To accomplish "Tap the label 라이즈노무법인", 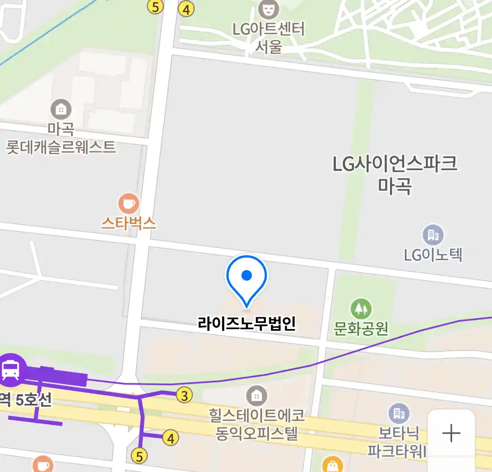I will pyautogui.click(x=247, y=323).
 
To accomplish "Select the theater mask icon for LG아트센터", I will pyautogui.click(x=269, y=9).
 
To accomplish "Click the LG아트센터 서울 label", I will pyautogui.click(x=269, y=38).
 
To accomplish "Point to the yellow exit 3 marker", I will pyautogui.click(x=185, y=396).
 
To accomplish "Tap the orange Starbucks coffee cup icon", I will pyautogui.click(x=129, y=204).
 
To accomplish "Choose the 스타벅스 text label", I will pyautogui.click(x=129, y=223).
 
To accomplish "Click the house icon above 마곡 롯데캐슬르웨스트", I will pyautogui.click(x=61, y=109).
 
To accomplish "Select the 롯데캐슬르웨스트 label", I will pyautogui.click(x=61, y=147).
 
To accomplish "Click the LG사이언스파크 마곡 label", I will pyautogui.click(x=394, y=174).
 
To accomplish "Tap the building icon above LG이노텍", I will pyautogui.click(x=433, y=235).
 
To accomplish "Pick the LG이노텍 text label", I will pyautogui.click(x=433, y=254).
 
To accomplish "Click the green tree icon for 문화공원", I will pyautogui.click(x=361, y=309).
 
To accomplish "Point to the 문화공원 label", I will pyautogui.click(x=361, y=328).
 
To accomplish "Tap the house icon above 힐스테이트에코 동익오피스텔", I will pyautogui.click(x=257, y=396).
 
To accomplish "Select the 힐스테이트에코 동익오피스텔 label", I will pyautogui.click(x=257, y=424).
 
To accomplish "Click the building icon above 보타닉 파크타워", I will pyautogui.click(x=399, y=413).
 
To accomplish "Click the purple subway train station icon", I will pyautogui.click(x=11, y=370).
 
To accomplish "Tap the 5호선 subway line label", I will pyautogui.click(x=33, y=399).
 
